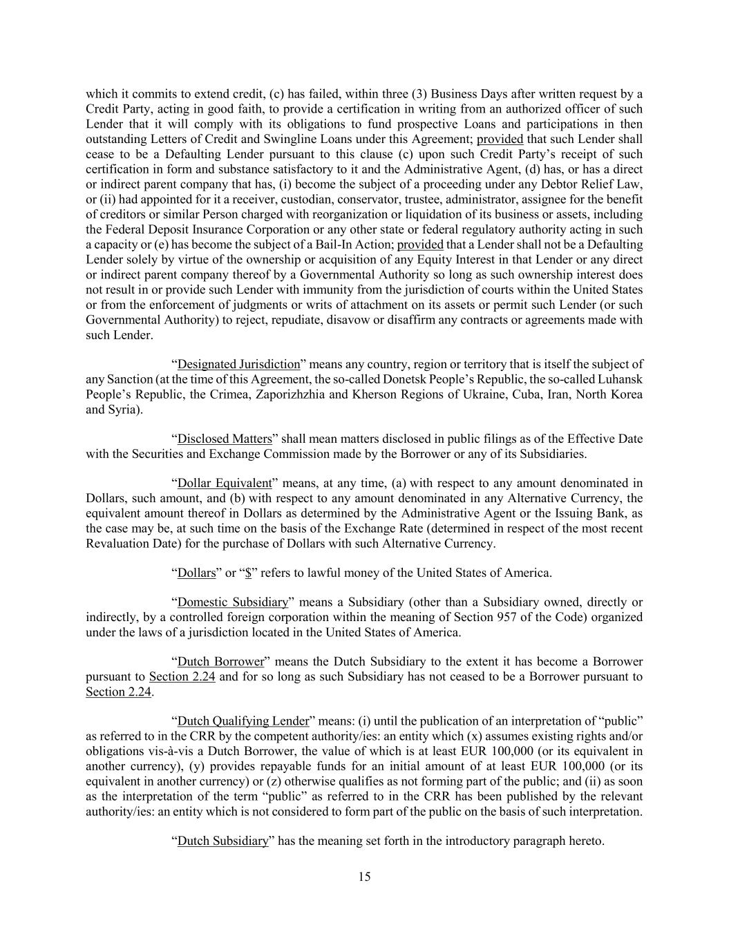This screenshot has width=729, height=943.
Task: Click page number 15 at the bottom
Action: [x=364, y=877]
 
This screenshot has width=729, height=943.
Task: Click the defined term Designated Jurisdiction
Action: [x=238, y=364]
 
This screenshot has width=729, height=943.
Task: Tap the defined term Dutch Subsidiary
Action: [x=222, y=841]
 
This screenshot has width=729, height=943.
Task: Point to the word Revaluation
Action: [x=115, y=543]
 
